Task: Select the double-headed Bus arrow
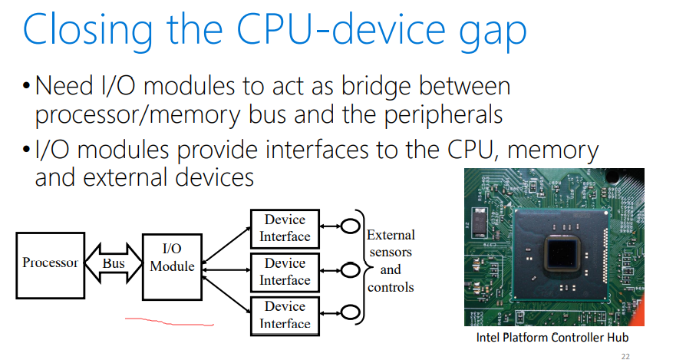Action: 114,263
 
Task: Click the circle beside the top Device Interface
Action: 350,226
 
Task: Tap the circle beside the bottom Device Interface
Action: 350,312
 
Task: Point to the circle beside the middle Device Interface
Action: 350,270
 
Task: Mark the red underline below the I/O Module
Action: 169,322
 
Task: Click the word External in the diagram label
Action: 391,235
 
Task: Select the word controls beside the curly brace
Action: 391,287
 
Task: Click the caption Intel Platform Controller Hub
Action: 552,337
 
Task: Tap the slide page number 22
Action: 625,356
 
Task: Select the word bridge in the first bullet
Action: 376,86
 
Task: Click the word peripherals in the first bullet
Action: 444,115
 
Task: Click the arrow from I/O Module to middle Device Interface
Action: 226,270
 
